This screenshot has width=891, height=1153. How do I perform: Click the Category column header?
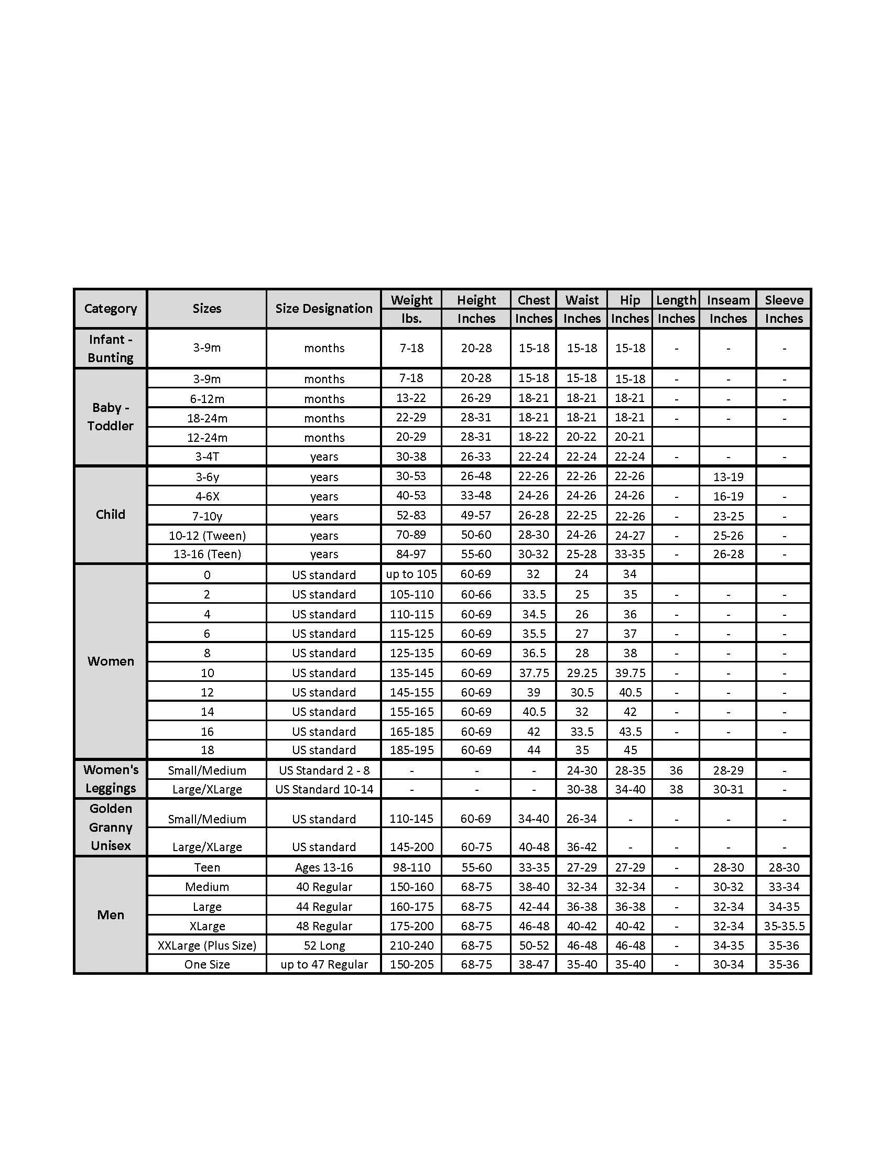(x=110, y=308)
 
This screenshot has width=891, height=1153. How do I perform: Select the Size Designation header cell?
(x=323, y=308)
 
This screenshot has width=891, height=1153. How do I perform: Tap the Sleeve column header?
(x=784, y=300)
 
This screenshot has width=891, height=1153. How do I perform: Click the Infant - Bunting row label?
(x=110, y=348)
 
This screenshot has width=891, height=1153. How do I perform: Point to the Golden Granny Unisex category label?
(x=110, y=826)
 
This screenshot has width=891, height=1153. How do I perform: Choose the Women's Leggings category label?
(x=110, y=779)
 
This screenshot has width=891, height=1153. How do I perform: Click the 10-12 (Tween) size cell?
(x=207, y=535)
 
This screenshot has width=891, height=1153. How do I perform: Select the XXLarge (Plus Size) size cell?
(x=207, y=945)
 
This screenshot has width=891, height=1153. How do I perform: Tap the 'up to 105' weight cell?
(x=411, y=574)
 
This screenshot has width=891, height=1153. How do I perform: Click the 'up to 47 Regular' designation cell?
(x=323, y=964)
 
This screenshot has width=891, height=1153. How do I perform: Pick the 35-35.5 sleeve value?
(x=784, y=926)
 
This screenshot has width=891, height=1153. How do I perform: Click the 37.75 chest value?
(x=534, y=672)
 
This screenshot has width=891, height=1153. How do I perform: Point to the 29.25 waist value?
(x=582, y=672)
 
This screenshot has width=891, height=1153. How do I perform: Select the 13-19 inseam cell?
(x=728, y=477)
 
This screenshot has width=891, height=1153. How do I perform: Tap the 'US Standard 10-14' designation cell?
(x=323, y=789)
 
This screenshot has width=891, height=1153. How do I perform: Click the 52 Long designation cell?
(x=323, y=945)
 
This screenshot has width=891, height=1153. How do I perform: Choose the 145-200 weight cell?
(x=411, y=847)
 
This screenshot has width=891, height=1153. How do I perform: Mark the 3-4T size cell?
(x=207, y=456)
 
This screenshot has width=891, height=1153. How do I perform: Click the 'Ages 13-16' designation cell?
(x=323, y=867)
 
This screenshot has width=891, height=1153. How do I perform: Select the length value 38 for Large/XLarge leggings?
(x=676, y=789)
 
